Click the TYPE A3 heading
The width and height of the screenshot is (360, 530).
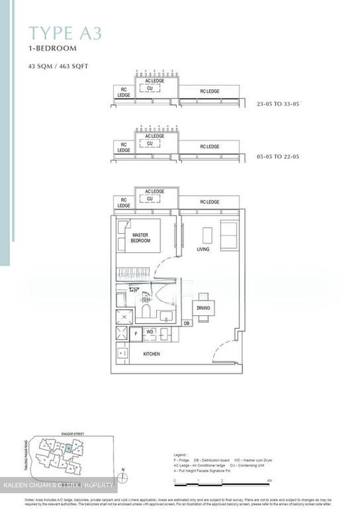point(65,33)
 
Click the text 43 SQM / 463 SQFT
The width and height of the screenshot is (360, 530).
point(59,67)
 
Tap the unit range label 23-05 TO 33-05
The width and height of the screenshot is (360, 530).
point(278,104)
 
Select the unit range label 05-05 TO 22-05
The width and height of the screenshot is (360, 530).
point(278,157)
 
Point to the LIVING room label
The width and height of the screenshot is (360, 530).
point(203,249)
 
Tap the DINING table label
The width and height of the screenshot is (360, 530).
point(203,308)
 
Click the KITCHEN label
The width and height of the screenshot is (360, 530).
point(152,354)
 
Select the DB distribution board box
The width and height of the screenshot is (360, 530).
point(187,323)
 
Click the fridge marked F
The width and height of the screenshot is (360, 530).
point(136,334)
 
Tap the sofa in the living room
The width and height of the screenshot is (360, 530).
point(228,235)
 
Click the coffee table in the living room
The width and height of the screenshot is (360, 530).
point(207,235)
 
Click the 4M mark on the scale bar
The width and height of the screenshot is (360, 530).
point(269,481)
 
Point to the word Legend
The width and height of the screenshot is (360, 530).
point(181,455)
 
